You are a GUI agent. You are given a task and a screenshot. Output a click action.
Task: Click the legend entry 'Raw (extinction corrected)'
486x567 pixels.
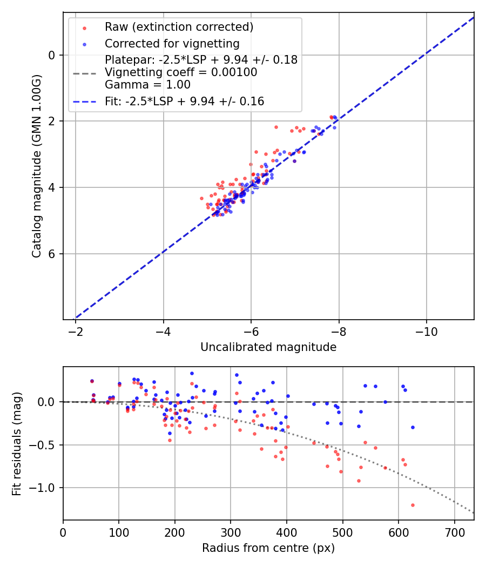tap(179, 27)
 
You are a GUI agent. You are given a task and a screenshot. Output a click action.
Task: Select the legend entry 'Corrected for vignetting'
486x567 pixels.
tap(172, 43)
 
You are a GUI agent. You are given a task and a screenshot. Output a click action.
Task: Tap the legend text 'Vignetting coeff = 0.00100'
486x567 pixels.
tap(181, 72)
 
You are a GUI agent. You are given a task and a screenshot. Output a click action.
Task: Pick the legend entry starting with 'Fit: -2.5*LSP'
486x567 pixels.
tap(184, 101)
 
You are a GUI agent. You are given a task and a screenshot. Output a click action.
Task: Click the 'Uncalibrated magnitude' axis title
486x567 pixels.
tap(268, 347)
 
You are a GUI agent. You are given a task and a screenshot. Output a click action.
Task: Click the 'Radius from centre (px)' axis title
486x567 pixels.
tap(268, 548)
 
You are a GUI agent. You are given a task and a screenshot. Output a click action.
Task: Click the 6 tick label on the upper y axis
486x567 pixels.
tap(52, 254)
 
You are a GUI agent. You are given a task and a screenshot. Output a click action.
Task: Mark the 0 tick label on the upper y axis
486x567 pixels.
tap(52, 55)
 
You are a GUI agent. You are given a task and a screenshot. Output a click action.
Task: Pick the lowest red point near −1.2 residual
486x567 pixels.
tap(413, 505)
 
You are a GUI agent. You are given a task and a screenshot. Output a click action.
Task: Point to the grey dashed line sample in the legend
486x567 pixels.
tap(84, 73)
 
